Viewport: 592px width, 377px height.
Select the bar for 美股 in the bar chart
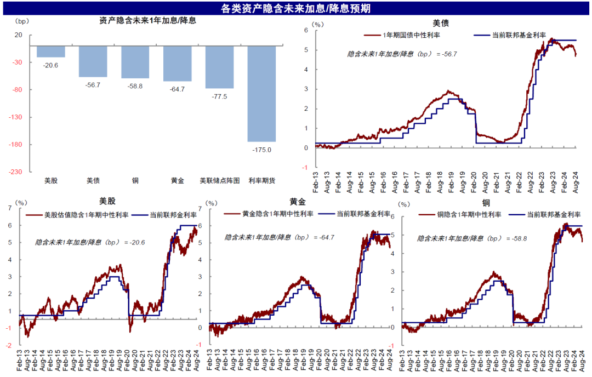[x=51, y=52]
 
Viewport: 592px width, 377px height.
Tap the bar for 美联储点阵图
[x=219, y=67]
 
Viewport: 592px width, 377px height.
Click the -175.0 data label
[x=261, y=150]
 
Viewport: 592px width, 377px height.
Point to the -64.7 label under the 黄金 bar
[x=177, y=89]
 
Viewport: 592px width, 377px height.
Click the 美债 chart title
[x=441, y=23]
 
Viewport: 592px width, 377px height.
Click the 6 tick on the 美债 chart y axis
[x=307, y=31]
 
